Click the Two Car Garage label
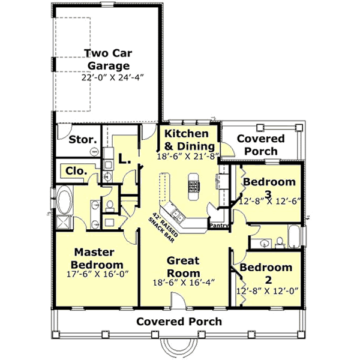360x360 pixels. [107, 59]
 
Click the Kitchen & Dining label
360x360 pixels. [187, 139]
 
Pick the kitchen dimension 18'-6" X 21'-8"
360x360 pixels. [187, 156]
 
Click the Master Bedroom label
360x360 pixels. [97, 259]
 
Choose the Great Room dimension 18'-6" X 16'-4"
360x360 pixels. [184, 282]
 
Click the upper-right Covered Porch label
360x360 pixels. [261, 145]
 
